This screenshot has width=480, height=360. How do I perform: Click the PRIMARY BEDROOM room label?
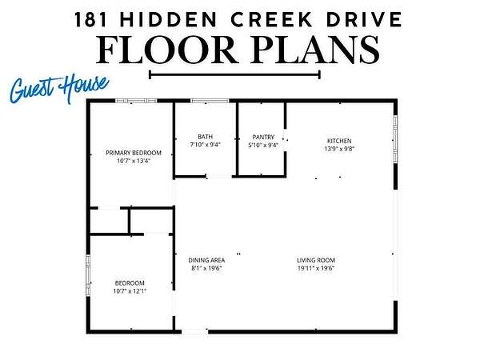(134, 153)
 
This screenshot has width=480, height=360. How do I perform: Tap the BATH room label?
(205, 137)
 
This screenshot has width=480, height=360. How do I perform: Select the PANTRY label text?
(263, 137)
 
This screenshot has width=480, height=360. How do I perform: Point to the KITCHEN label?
(339, 141)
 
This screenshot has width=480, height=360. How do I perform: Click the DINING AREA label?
(206, 260)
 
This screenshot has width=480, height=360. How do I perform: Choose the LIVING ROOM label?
(316, 260)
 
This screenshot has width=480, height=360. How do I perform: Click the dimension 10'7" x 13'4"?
(134, 161)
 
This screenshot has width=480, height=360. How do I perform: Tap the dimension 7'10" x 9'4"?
(205, 145)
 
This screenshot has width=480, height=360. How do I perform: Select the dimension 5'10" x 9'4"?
(263, 145)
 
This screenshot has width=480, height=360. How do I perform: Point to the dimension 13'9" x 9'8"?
(339, 149)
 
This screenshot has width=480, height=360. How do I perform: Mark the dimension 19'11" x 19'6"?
(316, 268)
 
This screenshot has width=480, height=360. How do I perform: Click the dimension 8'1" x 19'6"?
(206, 268)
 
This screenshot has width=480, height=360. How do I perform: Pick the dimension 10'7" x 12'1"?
(130, 291)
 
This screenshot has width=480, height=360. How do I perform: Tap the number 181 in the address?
(91, 19)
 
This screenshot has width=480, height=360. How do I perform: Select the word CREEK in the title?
(272, 19)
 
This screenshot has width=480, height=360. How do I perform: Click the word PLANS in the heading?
(315, 49)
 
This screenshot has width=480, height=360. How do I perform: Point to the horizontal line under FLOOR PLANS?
(234, 74)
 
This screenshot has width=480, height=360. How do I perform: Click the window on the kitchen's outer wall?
(395, 139)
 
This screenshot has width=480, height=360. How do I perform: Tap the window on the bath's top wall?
(210, 101)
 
